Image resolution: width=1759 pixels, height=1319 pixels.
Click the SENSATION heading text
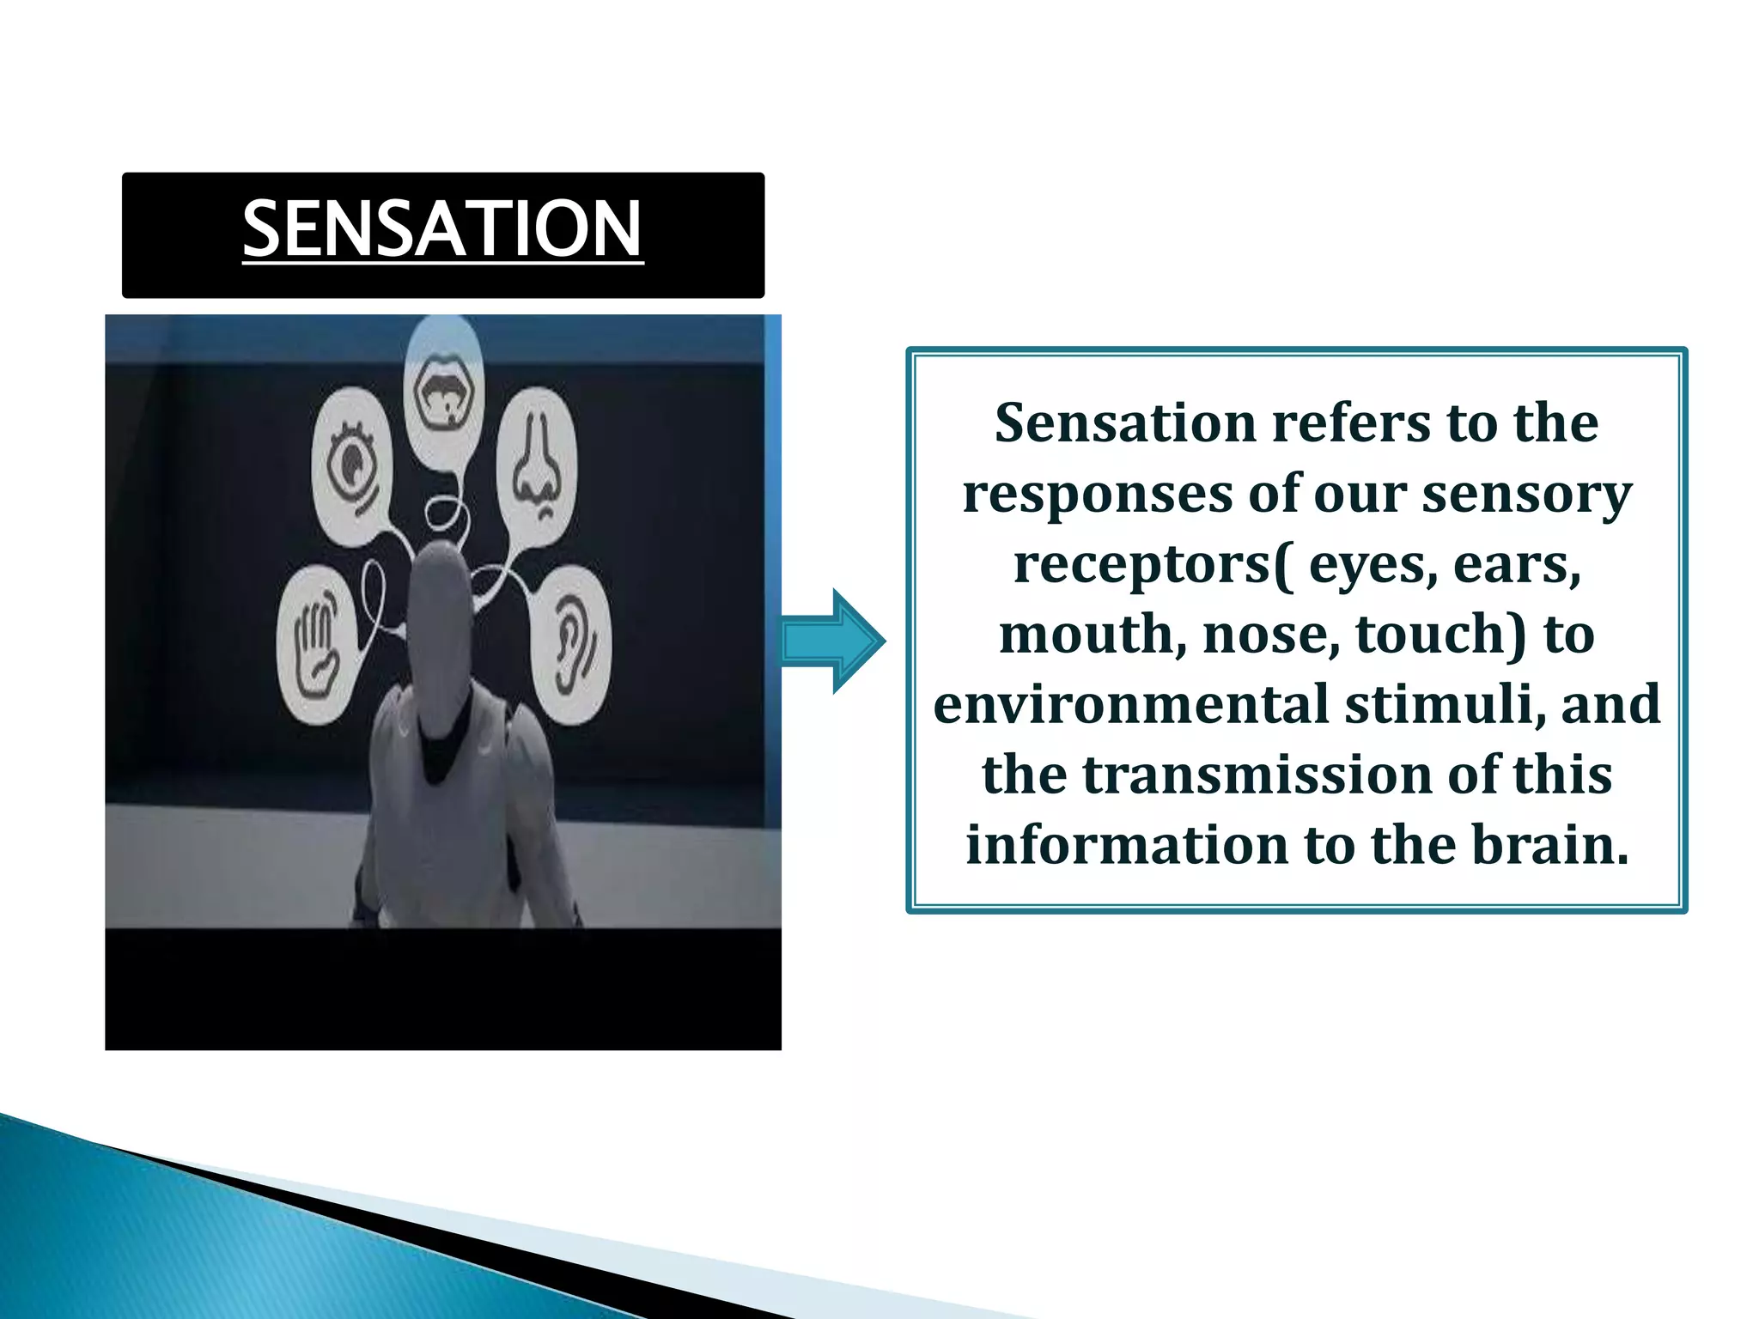(x=442, y=228)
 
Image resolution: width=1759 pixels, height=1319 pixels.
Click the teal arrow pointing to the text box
(x=832, y=641)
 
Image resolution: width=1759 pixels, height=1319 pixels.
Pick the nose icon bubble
(x=538, y=468)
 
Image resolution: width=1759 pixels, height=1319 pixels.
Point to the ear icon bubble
(x=572, y=644)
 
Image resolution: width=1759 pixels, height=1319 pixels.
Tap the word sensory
(x=1526, y=495)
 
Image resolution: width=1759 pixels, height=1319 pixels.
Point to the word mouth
(x=1093, y=635)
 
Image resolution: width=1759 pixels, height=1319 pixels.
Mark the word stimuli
(x=1445, y=705)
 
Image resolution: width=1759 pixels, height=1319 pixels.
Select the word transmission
(x=1257, y=775)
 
